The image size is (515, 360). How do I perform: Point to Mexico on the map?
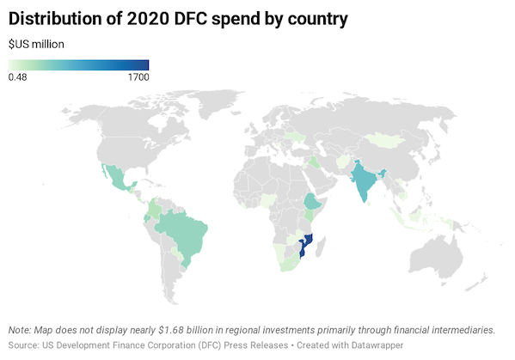[x=113, y=180]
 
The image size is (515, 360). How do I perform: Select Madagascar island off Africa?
[x=325, y=252]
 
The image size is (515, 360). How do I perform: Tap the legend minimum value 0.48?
[x=17, y=77]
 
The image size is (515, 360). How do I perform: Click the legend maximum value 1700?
[x=138, y=77]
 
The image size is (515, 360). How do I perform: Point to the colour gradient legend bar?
[x=78, y=64]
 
